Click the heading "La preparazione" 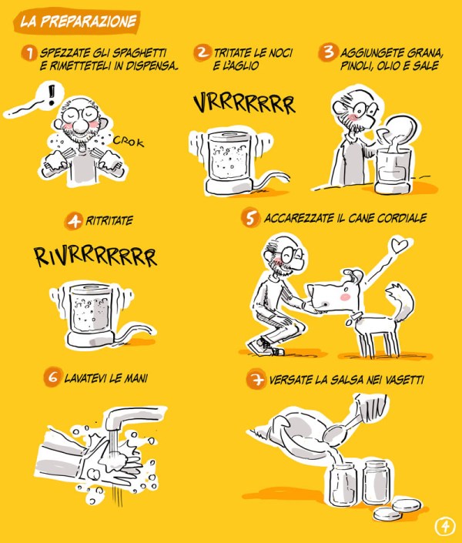(78, 22)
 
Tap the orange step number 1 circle (30, 53)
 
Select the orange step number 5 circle (250, 217)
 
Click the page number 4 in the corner (444, 526)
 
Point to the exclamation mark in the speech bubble (52, 95)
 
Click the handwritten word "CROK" (129, 141)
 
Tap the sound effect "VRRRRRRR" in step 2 (244, 103)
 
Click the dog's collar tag (349, 322)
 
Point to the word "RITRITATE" (109, 220)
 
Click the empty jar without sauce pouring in (376, 482)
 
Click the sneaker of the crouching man (266, 347)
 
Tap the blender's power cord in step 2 (271, 180)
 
